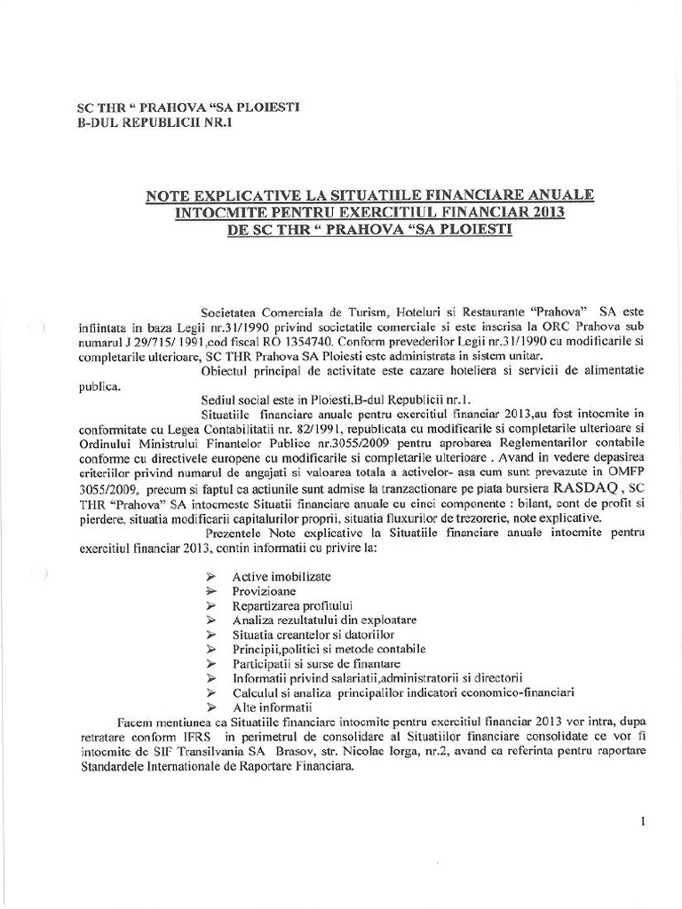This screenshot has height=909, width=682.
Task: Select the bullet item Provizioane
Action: pos(264,590)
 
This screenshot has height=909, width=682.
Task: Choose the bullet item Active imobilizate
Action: pos(275,576)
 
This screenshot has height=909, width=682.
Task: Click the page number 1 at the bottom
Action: pos(641,822)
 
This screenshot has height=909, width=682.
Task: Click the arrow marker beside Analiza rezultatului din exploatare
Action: pos(210,620)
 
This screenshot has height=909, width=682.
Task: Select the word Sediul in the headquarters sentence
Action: pos(220,401)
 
